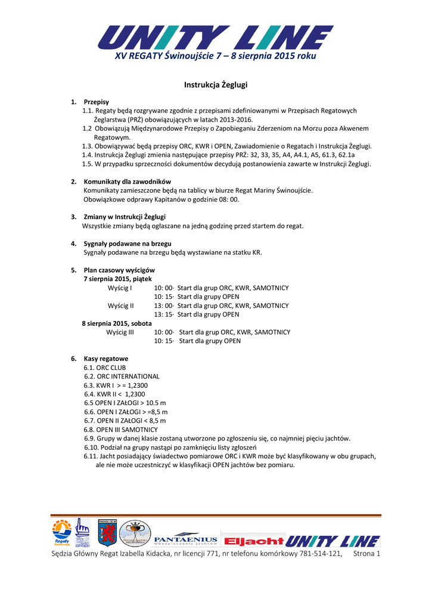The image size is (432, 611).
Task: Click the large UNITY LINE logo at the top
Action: point(215,37)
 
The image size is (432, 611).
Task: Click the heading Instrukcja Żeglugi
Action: point(216,85)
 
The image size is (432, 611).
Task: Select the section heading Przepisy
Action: point(96,102)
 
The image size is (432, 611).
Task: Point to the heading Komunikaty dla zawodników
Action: point(128,181)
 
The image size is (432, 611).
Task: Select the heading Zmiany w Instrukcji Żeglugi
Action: point(125,217)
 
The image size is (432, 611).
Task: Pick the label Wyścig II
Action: point(121,305)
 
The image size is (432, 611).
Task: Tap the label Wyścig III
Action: point(120,332)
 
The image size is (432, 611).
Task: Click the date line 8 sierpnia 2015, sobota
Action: point(117,323)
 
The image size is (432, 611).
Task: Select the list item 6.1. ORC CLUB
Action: point(105,368)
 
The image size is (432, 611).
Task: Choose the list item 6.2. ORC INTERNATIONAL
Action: point(122,377)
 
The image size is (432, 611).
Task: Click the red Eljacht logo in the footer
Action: point(253,541)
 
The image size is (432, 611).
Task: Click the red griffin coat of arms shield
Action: point(107,533)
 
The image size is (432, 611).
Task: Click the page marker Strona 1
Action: point(366,554)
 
